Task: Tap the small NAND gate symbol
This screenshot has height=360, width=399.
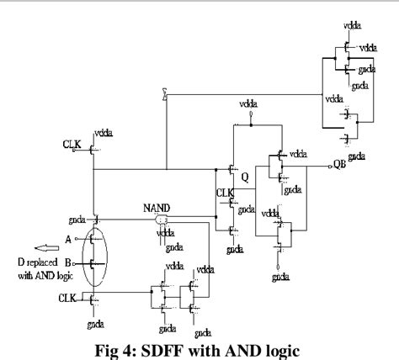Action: point(161,220)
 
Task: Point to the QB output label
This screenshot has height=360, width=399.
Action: point(338,166)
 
